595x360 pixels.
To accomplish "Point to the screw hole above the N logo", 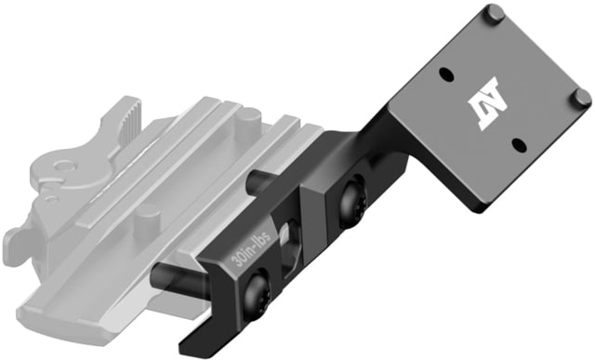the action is coord(446,74).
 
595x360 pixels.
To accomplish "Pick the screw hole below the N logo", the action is coord(519,144).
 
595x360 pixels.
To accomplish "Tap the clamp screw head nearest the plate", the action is coord(352,201).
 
